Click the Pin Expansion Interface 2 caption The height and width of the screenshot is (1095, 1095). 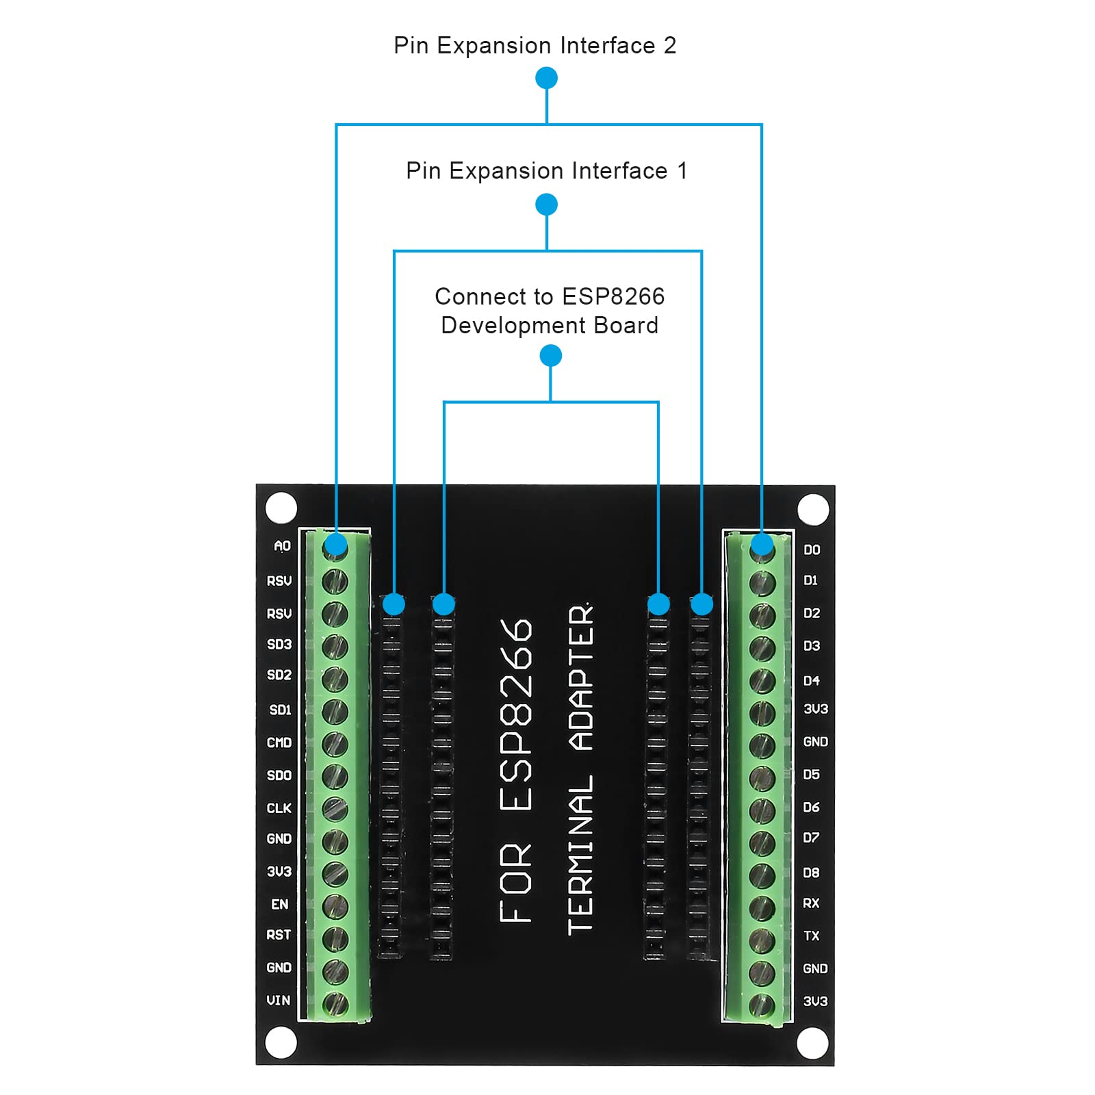pos(534,46)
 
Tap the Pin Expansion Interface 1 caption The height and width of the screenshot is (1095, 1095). pos(546,171)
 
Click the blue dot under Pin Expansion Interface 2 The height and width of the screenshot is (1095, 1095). pos(546,78)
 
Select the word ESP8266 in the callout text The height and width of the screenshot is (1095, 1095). pos(613,297)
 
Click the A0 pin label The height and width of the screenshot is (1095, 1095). pos(282,546)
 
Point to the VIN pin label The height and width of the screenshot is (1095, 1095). pos(279,1001)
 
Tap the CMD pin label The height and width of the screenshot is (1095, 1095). pos(279,743)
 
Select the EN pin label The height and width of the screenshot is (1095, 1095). pos(280,905)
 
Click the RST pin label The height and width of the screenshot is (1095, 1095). pos(279,935)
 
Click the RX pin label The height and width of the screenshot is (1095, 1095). pos(811,903)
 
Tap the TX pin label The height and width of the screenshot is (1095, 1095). pos(812,936)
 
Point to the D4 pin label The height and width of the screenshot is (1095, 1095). pos(812,681)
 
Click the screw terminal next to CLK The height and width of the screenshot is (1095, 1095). pos(335,809)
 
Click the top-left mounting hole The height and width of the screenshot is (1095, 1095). pos(281,508)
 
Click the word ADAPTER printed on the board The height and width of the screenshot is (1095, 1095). pos(581,678)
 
